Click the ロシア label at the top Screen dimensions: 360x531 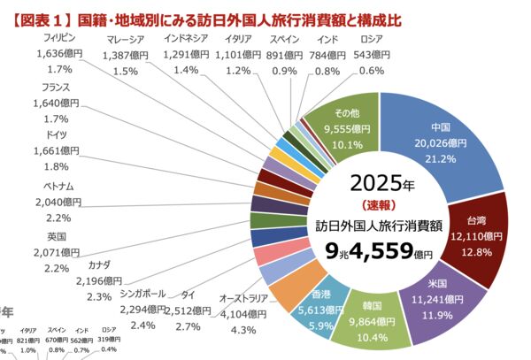(371, 39)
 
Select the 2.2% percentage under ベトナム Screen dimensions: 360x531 (58, 218)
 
